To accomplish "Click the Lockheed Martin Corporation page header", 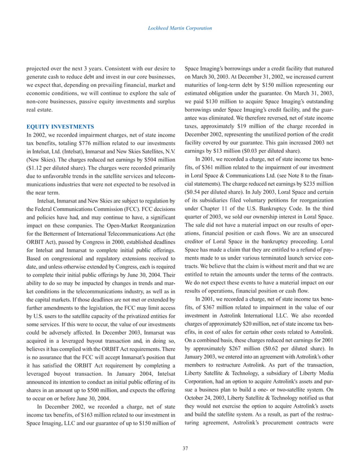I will (180, 28).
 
